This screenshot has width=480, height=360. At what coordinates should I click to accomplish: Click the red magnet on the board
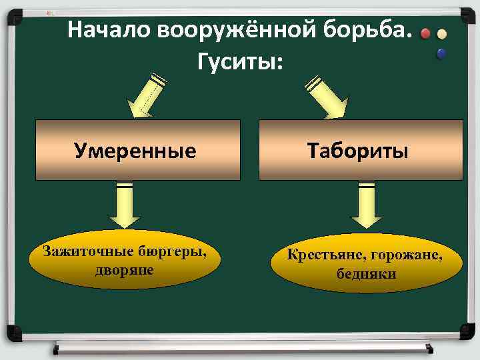pos(426,35)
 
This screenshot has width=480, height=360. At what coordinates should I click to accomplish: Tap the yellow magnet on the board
pos(441,35)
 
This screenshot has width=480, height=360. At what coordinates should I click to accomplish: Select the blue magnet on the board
pos(441,53)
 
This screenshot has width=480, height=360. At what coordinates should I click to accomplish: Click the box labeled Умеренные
pos(137,150)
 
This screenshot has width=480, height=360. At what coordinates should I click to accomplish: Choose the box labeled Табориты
pos(360,150)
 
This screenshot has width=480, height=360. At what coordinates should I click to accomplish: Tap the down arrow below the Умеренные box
pos(124,203)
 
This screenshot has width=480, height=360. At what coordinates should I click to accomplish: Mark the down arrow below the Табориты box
pos(366,203)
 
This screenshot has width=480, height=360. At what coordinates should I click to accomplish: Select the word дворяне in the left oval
pos(125,269)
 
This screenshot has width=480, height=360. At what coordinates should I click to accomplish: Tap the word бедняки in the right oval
pos(366,273)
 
